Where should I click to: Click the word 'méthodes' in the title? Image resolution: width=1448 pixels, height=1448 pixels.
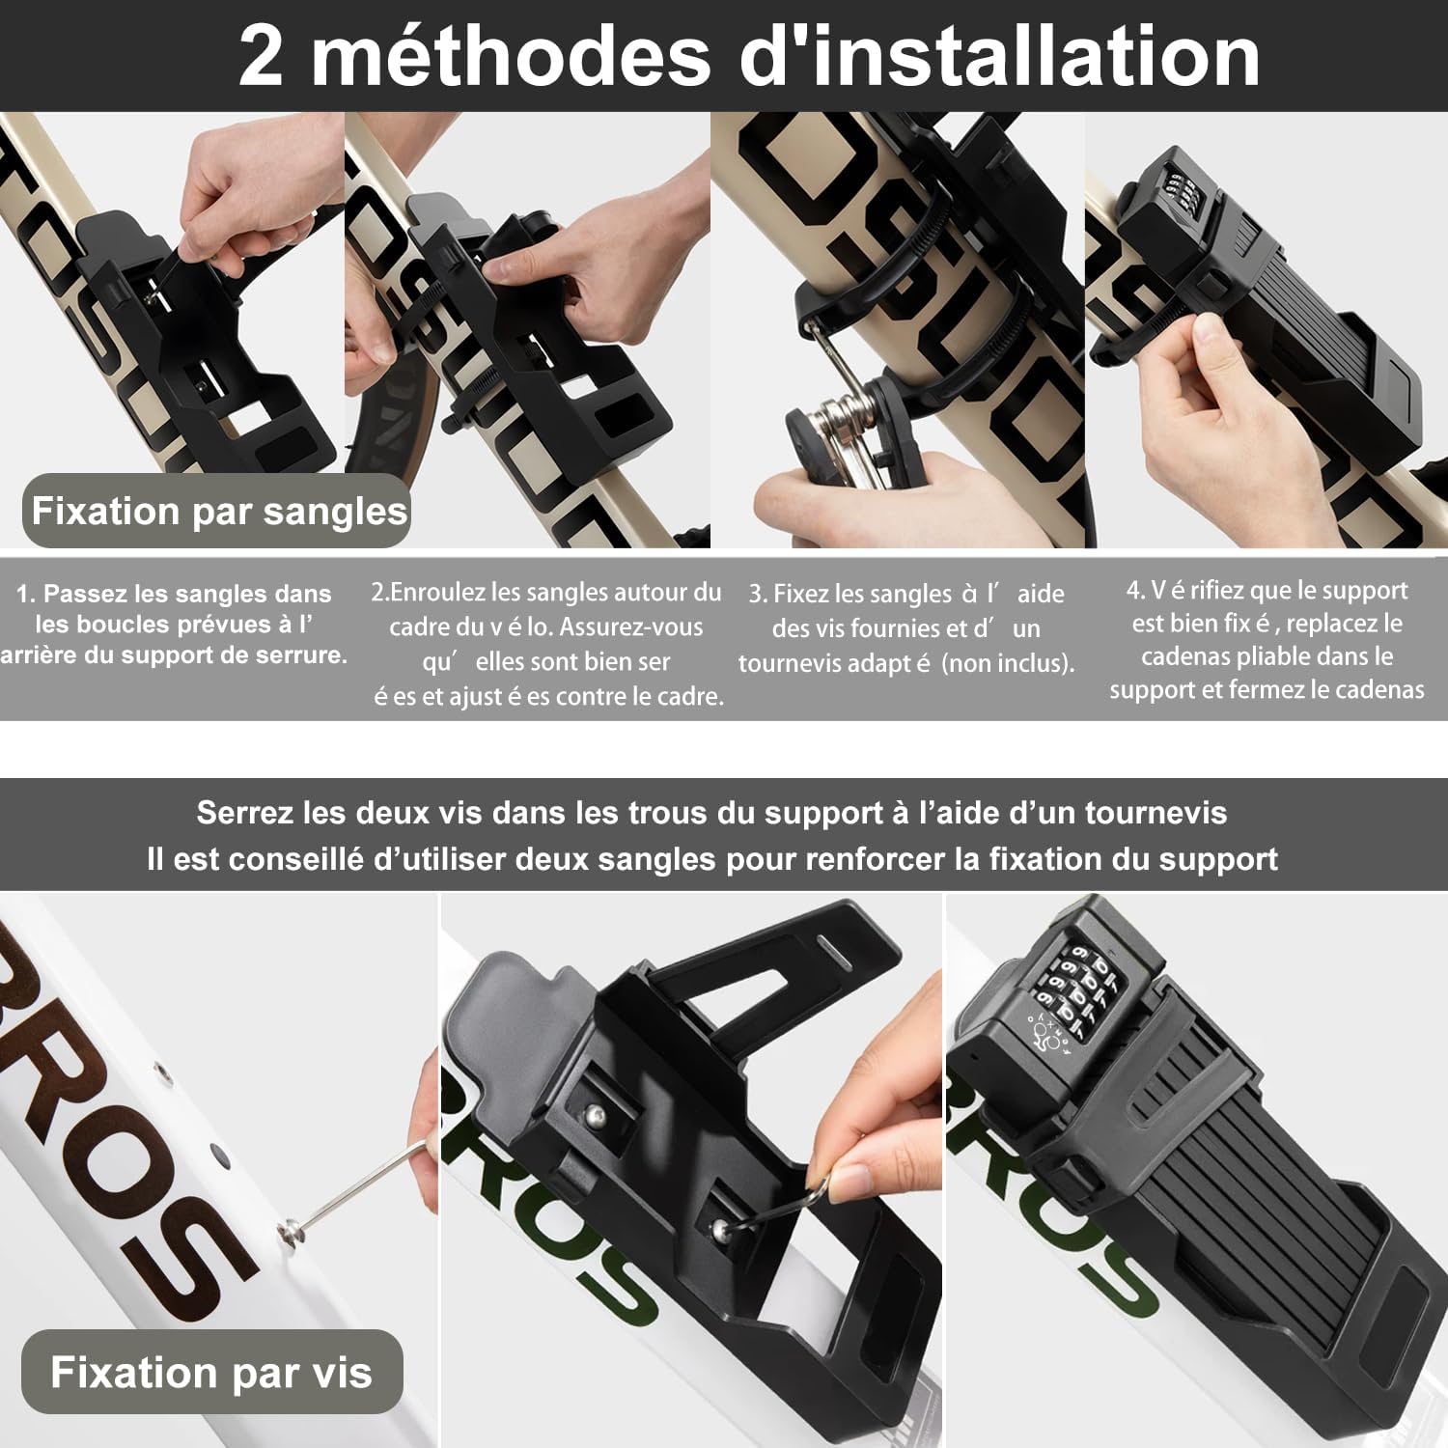tap(511, 57)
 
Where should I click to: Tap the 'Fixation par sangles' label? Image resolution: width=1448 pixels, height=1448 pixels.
tap(219, 511)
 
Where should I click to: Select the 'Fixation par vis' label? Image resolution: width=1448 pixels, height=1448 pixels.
tap(211, 1372)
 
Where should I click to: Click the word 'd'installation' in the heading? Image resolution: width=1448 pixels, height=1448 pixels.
tap(1000, 56)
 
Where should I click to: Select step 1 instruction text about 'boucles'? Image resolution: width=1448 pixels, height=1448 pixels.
tap(174, 625)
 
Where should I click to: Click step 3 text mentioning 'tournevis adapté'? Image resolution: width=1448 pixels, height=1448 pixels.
tap(906, 628)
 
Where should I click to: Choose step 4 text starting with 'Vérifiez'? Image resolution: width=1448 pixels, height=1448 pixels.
tap(1267, 640)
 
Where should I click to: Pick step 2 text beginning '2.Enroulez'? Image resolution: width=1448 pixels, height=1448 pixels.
tap(547, 644)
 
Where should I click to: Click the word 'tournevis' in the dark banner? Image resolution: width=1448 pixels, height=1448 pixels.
tap(1156, 813)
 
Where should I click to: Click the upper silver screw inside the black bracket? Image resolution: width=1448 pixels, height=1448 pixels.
tap(597, 1116)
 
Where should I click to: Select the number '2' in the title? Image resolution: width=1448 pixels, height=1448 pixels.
tap(261, 57)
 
